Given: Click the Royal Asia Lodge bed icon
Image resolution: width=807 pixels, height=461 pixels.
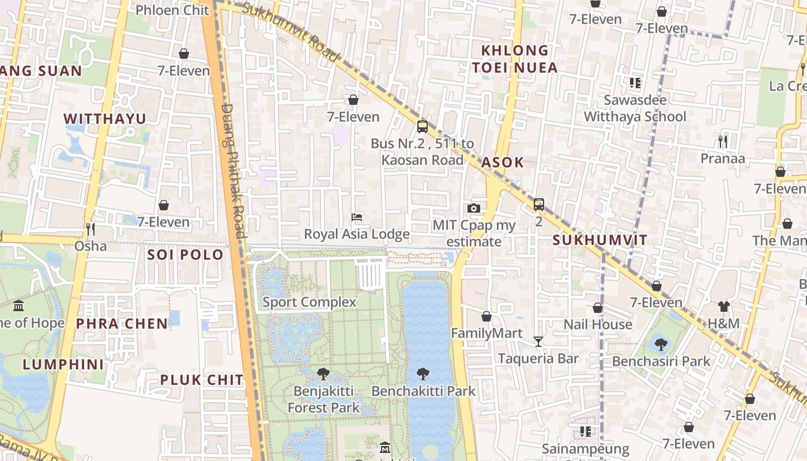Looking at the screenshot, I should click(357, 217).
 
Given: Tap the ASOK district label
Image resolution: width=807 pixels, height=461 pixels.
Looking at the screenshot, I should click(503, 163).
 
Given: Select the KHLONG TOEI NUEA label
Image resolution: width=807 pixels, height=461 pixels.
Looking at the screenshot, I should click(515, 59).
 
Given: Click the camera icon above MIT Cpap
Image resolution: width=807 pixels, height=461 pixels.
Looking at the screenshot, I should click(473, 208).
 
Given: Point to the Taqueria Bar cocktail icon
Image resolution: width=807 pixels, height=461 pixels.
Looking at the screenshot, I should click(538, 342).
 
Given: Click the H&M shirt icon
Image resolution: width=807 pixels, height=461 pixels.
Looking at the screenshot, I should click(724, 307).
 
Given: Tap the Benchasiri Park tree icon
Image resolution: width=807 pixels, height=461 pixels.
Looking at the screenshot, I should click(661, 345).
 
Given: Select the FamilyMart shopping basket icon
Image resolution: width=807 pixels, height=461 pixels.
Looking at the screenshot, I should click(487, 316).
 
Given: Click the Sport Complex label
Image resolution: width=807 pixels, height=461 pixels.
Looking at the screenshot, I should click(310, 302).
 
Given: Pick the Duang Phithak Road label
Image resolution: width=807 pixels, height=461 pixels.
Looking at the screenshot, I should click(233, 171).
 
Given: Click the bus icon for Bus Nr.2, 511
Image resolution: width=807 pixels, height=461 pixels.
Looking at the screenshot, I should click(423, 126).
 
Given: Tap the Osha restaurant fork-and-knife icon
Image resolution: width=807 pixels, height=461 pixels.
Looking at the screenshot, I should click(90, 229).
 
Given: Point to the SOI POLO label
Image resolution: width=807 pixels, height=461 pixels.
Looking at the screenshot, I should click(185, 255).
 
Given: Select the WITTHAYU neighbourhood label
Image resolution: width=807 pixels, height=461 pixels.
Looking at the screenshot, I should click(104, 119).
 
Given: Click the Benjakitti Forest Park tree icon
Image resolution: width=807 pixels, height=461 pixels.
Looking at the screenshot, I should click(323, 374).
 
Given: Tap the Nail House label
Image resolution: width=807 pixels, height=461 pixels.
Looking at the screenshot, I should click(598, 324).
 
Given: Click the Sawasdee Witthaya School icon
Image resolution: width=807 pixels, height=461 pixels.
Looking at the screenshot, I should click(635, 83).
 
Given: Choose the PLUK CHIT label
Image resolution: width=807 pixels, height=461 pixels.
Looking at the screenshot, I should click(202, 380).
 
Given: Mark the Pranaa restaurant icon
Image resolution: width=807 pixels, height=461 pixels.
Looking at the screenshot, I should click(723, 141).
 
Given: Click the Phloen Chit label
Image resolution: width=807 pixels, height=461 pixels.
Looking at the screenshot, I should click(172, 10).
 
